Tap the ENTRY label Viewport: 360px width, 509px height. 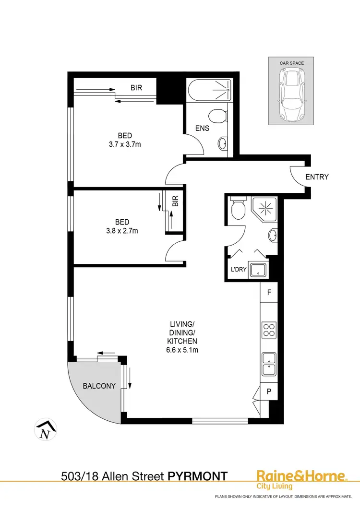click(317, 177)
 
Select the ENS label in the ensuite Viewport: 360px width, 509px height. click(202, 128)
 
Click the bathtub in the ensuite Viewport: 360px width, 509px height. click(209, 90)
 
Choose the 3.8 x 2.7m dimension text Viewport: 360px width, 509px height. click(122, 231)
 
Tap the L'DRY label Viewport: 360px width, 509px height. click(239, 269)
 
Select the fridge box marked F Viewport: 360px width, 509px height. click(269, 292)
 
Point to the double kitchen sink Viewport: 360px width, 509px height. click(268, 364)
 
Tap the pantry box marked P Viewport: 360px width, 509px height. click(269, 391)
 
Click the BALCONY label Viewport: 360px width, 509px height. click(99, 386)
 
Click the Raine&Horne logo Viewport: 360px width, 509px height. click(301, 478)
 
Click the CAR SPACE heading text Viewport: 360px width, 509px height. click(292, 63)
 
